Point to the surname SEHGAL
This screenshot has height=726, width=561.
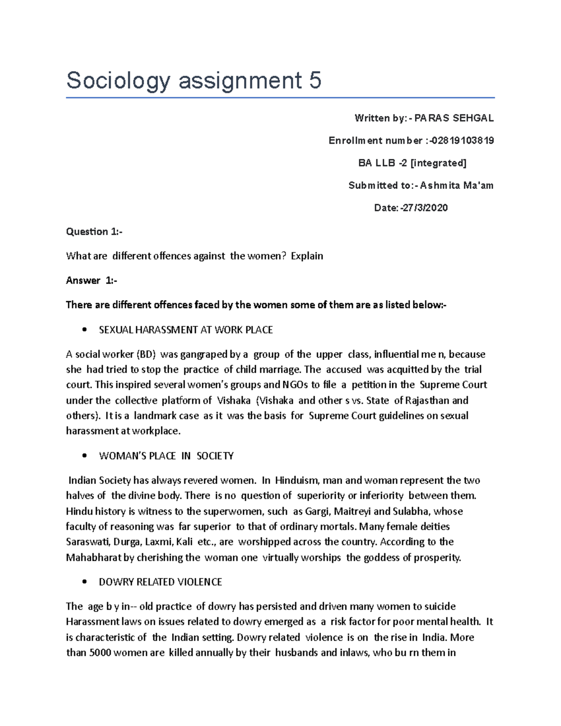474,118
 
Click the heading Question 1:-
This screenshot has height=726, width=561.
94,231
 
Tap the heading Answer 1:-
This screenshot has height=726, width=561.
92,280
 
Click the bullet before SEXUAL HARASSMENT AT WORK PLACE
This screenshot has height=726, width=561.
85,330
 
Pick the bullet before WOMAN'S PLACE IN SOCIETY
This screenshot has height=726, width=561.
85,456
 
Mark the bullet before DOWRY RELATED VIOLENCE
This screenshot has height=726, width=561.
85,582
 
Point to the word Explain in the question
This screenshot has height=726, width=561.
307,256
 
